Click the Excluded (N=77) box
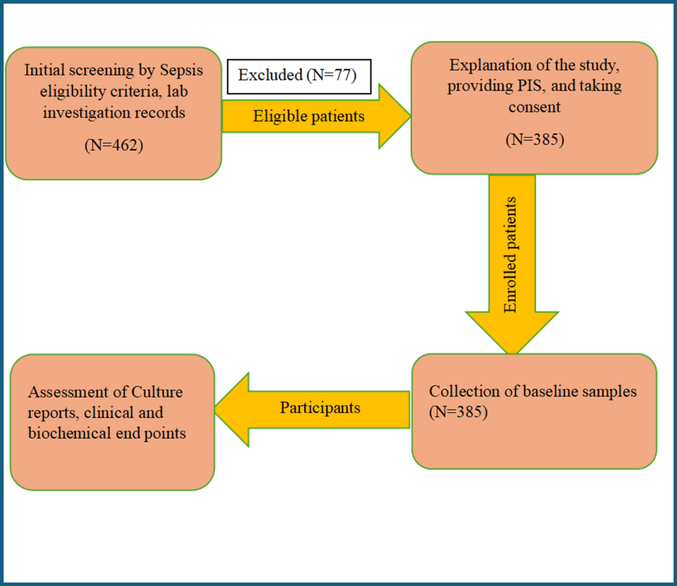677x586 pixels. coord(299,76)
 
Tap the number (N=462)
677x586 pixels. coord(113,145)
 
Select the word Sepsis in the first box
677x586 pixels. coord(181,71)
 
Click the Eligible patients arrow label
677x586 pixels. coord(309,116)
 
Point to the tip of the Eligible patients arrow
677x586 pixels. coord(411,116)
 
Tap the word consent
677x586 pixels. coord(534,106)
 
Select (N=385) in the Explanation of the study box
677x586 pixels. coord(534,139)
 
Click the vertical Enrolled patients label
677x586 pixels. coord(510,255)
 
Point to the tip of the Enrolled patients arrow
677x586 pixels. coord(512,354)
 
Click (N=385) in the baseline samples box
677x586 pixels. coord(458,412)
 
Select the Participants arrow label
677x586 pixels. coord(320,407)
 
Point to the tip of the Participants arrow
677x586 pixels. coord(215,409)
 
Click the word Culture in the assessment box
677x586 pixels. coord(157,392)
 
